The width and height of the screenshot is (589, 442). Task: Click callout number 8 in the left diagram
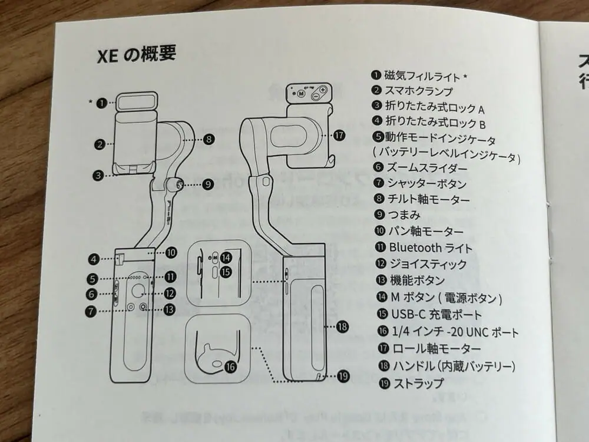click(x=209, y=140)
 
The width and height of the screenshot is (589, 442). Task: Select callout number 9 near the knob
click(x=208, y=184)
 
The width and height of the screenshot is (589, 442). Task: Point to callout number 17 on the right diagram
click(x=339, y=134)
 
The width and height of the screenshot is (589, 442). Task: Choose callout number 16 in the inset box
click(x=230, y=366)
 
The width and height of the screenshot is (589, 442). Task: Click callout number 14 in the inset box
click(x=226, y=258)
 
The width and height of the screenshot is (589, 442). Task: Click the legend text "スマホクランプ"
click(x=419, y=91)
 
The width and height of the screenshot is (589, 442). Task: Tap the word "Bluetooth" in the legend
click(x=411, y=248)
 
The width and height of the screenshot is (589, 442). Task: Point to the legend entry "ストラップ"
click(x=418, y=383)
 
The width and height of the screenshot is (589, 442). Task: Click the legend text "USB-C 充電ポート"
click(x=433, y=315)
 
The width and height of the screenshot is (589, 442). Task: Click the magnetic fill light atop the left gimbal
click(x=136, y=103)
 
